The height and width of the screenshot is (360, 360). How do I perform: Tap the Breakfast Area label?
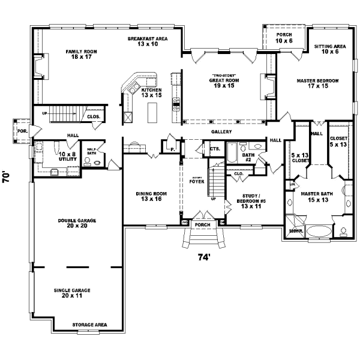tap(147, 41)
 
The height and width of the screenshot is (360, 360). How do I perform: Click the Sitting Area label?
tap(326, 49)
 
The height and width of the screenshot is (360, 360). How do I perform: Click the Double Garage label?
tap(77, 223)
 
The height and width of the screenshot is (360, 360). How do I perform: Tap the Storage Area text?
tap(89, 325)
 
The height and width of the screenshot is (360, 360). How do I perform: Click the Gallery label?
tap(221, 131)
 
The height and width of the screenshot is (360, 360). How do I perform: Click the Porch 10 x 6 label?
tap(284, 38)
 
